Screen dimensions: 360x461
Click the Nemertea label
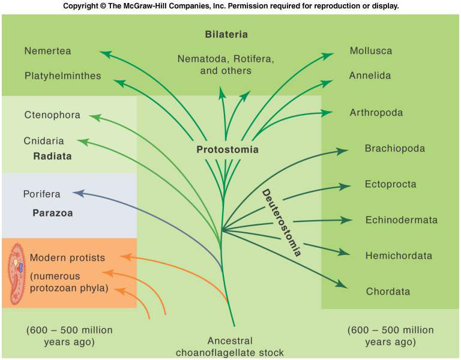47,52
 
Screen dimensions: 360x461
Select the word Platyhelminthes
63,76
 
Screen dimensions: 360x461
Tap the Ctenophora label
52,115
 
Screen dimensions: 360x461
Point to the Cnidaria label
44,142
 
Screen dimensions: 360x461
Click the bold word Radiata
52,156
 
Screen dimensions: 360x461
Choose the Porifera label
42,194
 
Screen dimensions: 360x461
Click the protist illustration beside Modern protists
16,273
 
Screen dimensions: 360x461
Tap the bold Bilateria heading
226,34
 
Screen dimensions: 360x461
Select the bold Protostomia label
227,150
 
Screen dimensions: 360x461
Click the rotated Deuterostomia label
282,223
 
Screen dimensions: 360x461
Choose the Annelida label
370,76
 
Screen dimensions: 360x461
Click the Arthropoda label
376,113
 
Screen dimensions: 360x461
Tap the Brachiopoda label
395,148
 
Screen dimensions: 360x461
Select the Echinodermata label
402,220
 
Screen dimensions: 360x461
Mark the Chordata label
388,292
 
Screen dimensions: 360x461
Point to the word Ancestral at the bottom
230,341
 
